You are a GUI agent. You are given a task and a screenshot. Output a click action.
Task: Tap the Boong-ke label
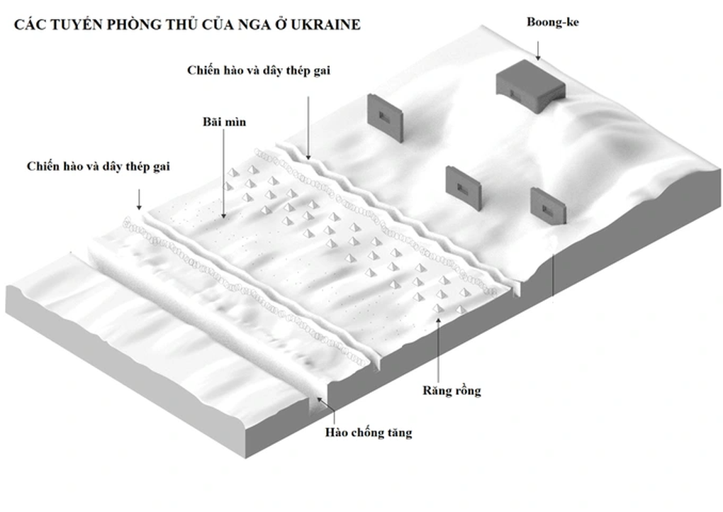point(553,22)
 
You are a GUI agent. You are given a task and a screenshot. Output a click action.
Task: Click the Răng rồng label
point(451,390)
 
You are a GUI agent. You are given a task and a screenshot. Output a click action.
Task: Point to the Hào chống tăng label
point(369,431)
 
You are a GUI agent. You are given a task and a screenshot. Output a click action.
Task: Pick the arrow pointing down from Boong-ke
point(538,48)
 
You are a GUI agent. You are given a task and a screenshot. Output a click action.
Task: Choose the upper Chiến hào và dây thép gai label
point(259,70)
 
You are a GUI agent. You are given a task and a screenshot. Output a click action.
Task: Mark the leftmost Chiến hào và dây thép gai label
point(99,167)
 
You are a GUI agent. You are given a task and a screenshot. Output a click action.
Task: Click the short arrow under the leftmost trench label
point(140,198)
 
